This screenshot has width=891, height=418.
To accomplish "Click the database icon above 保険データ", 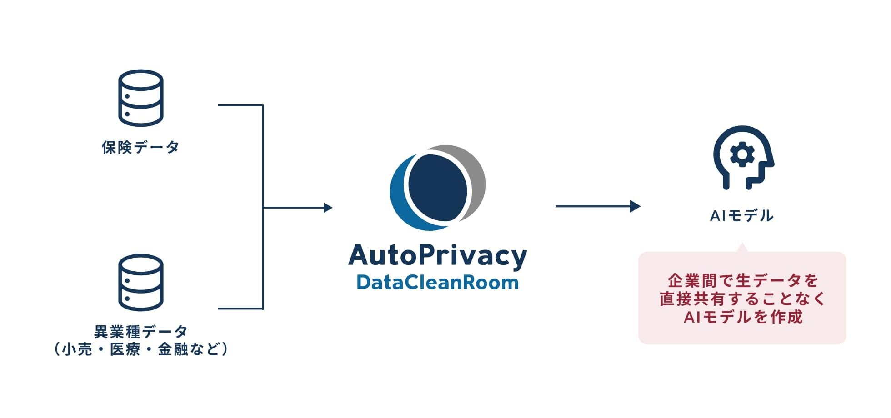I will pyautogui.click(x=141, y=98).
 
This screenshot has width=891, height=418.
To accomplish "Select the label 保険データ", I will pyautogui.click(x=140, y=147).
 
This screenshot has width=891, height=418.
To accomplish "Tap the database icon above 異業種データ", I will pyautogui.click(x=141, y=282).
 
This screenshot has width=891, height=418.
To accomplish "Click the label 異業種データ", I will pyautogui.click(x=140, y=332).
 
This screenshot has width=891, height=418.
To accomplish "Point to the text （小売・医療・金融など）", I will pyautogui.click(x=140, y=349).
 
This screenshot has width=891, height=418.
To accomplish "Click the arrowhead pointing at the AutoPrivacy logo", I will pyautogui.click(x=328, y=208).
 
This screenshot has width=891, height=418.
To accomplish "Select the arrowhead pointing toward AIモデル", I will pyautogui.click(x=635, y=206).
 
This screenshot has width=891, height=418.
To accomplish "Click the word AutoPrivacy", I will pyautogui.click(x=437, y=255).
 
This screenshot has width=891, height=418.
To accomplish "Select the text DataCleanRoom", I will pyautogui.click(x=437, y=282).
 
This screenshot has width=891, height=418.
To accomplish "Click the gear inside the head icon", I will pyautogui.click(x=742, y=155).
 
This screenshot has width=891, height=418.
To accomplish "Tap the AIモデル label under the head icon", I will pyautogui.click(x=742, y=215).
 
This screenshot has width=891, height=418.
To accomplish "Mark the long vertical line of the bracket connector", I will pyautogui.click(x=263, y=207).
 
